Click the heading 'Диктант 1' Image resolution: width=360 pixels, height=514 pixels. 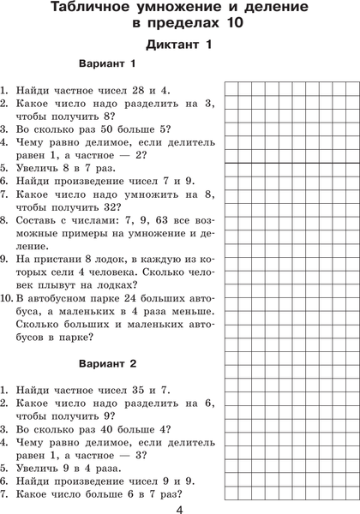179,44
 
